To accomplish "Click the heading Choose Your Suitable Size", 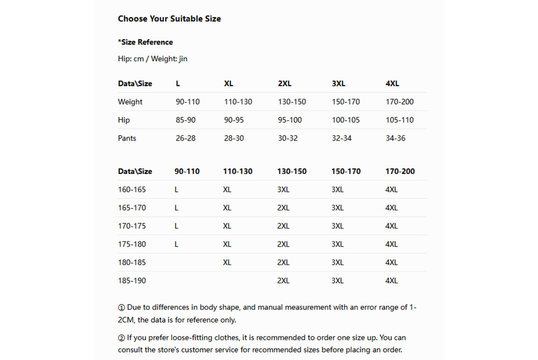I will coord(169,19).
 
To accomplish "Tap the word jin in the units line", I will coord(183,59).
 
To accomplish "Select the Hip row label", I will coord(124,120).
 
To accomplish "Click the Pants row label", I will coord(127,138).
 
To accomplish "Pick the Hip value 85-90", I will coord(185,120).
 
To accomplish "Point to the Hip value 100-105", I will coord(346,120).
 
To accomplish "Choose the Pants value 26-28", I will coord(185,138).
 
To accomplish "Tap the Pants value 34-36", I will coord(395,138).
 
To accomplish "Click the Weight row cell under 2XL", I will coord(292,102).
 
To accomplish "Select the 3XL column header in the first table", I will coord(338,83).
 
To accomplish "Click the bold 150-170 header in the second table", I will coord(346,171).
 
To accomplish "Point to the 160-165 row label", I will coord(132,189).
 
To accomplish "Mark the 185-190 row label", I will coord(132,281).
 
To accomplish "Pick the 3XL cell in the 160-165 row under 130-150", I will coord(283,189).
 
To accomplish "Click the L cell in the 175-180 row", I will coord(176,244).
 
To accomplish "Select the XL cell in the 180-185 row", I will coord(227,262).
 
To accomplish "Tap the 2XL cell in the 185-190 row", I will coord(283,281).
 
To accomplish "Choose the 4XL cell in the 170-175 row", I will coord(391,226).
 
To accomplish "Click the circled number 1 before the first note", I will coord(121,308).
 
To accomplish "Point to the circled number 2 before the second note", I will coord(121,338).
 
